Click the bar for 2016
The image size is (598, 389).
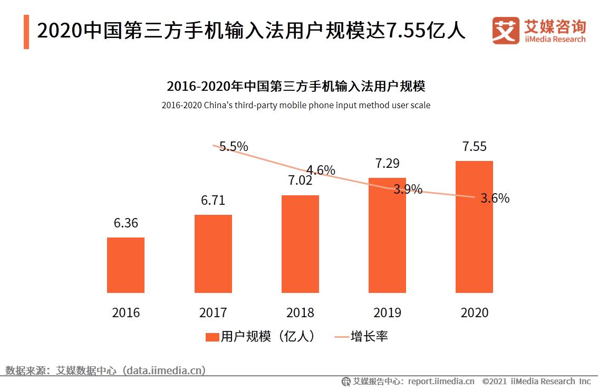[x=126, y=265]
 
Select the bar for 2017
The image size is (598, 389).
[x=213, y=253]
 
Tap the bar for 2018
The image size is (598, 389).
[x=300, y=244]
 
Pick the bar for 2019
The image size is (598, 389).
[x=387, y=235]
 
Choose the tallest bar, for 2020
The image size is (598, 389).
[x=474, y=227]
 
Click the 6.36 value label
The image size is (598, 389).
[x=126, y=223]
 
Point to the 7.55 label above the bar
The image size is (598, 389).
[x=474, y=147]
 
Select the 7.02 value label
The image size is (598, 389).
[x=300, y=181]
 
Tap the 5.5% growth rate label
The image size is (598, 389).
[x=234, y=147]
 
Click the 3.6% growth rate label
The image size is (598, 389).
[x=495, y=198]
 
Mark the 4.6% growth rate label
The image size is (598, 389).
[x=321, y=170]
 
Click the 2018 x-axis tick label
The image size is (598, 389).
[x=300, y=312]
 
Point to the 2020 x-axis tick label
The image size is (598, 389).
[x=474, y=312]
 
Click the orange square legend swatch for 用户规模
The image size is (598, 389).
[x=212, y=337]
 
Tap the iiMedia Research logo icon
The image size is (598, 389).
[x=505, y=31]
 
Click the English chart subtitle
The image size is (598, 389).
[x=296, y=105]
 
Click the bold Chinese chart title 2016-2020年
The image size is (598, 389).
[x=296, y=86]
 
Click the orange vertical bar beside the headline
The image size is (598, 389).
[x=26, y=32]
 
